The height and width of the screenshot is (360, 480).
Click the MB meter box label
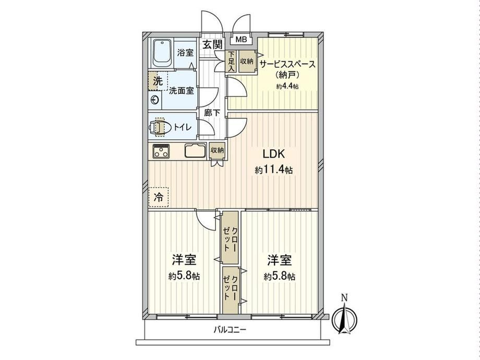241,40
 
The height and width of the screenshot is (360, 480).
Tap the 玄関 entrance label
212,45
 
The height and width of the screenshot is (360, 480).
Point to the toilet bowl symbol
160,127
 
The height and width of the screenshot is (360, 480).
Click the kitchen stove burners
161,151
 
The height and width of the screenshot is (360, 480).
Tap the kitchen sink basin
195,151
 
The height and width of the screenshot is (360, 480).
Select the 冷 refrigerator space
158,197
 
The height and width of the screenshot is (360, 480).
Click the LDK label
274,154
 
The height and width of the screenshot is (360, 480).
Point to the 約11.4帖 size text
274,170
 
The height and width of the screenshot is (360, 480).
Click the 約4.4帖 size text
287,86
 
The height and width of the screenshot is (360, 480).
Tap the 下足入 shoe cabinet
231,62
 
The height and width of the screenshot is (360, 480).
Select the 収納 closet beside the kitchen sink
217,151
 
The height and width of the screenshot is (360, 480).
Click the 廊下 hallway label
212,113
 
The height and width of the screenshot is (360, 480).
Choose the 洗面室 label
182,91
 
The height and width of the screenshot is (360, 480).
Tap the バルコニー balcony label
230,330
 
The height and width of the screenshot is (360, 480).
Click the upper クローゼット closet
230,237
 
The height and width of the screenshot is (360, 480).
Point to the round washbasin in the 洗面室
155,100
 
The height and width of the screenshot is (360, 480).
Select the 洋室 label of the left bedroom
184,260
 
